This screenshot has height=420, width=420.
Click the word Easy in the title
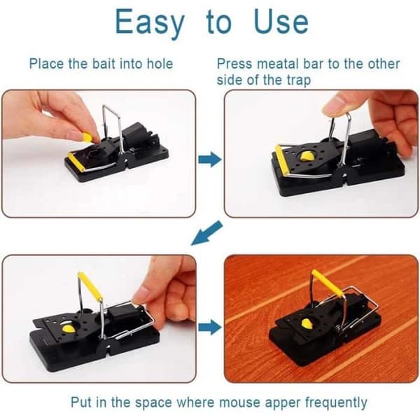point(150,23)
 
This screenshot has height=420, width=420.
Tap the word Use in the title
point(281,22)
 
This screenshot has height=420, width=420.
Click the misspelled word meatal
point(277,64)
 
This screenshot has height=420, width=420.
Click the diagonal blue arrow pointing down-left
point(206,233)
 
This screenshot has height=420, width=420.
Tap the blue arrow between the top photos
point(210,160)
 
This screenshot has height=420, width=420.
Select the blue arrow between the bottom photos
point(210,327)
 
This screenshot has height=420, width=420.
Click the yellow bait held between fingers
point(87,138)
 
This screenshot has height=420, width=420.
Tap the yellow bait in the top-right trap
point(307,156)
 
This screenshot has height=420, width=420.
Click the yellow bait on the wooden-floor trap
point(307,324)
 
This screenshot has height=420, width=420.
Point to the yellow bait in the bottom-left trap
point(69,328)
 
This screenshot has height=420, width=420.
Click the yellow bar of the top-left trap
point(76,162)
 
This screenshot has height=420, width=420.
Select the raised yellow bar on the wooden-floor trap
point(328,283)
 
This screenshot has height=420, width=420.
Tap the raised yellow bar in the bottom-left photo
point(90,286)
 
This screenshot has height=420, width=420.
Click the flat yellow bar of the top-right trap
point(282,160)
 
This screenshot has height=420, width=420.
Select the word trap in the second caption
point(299,80)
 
